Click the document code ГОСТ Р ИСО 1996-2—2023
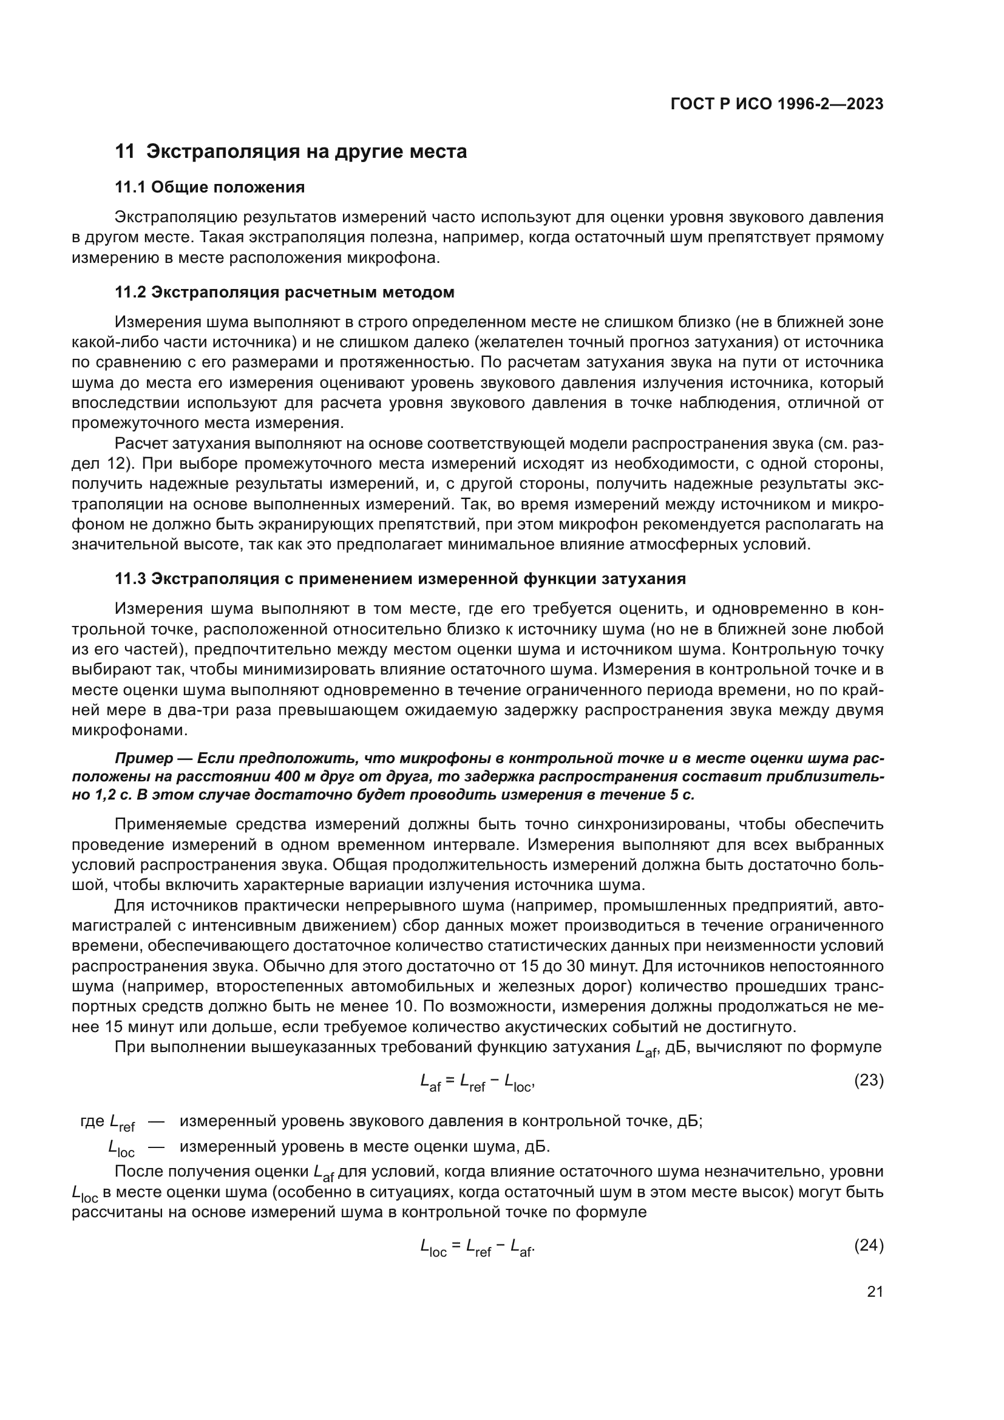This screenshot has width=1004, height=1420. click(776, 104)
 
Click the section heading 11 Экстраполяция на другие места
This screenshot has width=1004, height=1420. click(291, 152)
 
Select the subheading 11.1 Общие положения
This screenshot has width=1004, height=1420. click(209, 188)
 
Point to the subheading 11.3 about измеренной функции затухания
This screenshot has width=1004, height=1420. click(400, 579)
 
